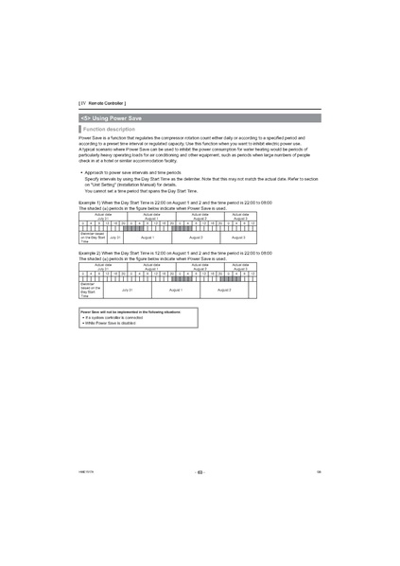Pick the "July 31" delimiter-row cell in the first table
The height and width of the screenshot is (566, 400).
(114, 237)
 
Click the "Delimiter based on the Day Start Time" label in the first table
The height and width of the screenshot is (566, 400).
(92, 237)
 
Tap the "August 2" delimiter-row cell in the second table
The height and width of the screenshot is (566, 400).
(223, 290)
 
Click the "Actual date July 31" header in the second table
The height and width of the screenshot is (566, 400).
(102, 267)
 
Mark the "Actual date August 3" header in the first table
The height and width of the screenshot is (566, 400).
(240, 216)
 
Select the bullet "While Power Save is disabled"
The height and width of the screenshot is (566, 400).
(112, 322)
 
